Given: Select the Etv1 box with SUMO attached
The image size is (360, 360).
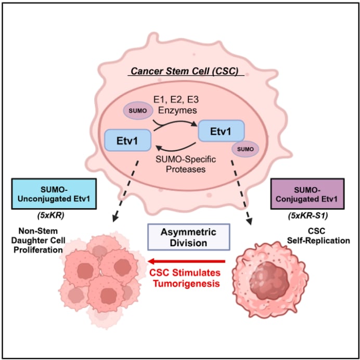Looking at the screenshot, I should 221,131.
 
